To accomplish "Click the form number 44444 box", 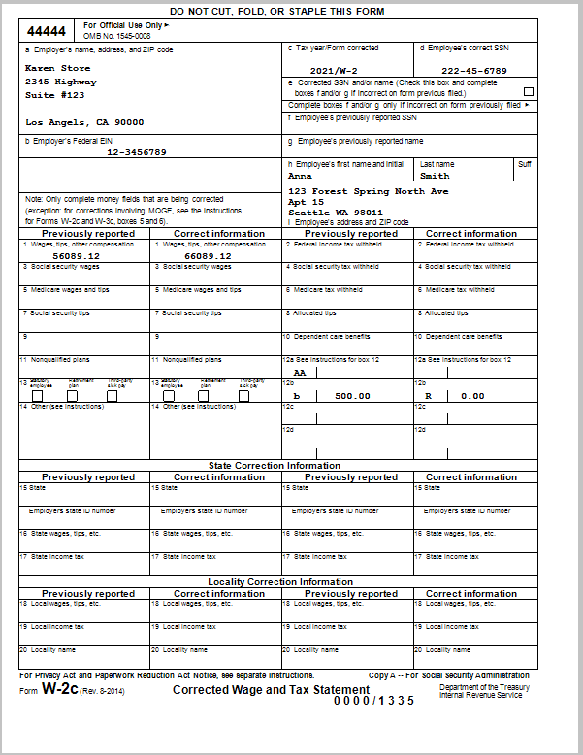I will click(x=48, y=31).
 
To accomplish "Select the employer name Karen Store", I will click(x=57, y=68).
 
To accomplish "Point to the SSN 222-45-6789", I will click(x=473, y=71).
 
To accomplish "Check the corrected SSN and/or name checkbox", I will click(x=529, y=92).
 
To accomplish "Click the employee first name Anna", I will click(x=301, y=177).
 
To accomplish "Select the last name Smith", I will click(x=435, y=177).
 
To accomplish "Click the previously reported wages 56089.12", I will click(x=76, y=255).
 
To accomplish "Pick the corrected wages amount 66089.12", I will click(x=209, y=255).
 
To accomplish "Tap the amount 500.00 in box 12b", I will click(x=352, y=396).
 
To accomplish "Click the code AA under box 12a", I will click(x=300, y=373).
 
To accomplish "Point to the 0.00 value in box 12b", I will click(x=472, y=396).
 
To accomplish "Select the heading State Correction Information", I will click(x=275, y=466).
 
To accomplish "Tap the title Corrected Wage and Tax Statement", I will click(x=251, y=689).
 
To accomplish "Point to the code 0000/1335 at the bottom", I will click(x=373, y=701).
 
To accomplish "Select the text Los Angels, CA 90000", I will click(x=83, y=122).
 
